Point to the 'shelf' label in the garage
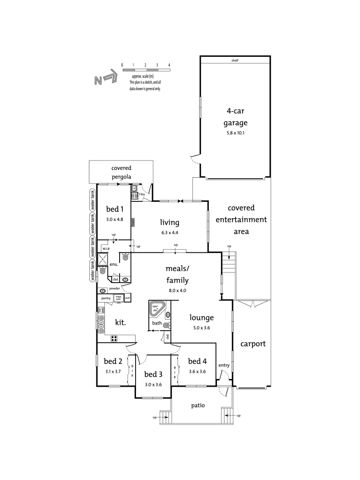click(x=235, y=60)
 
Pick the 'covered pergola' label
click(x=121, y=172)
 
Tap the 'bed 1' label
click(x=115, y=208)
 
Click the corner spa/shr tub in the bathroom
click(x=156, y=309)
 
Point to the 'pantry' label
click(x=106, y=298)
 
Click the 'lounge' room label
click(x=202, y=318)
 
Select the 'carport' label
click(x=253, y=344)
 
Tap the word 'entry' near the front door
click(x=224, y=365)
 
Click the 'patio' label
click(x=198, y=405)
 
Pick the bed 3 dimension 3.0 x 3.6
click(x=153, y=384)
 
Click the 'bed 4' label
click(x=197, y=361)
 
